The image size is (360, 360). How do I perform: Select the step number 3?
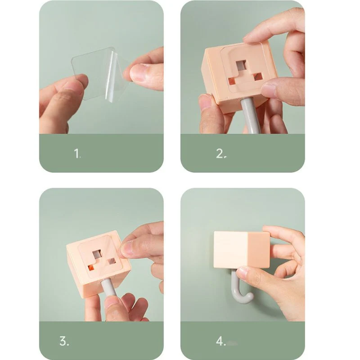coord(64,341)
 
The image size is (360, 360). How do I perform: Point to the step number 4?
coord(220,341)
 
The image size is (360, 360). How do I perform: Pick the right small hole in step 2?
coord(258,77)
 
